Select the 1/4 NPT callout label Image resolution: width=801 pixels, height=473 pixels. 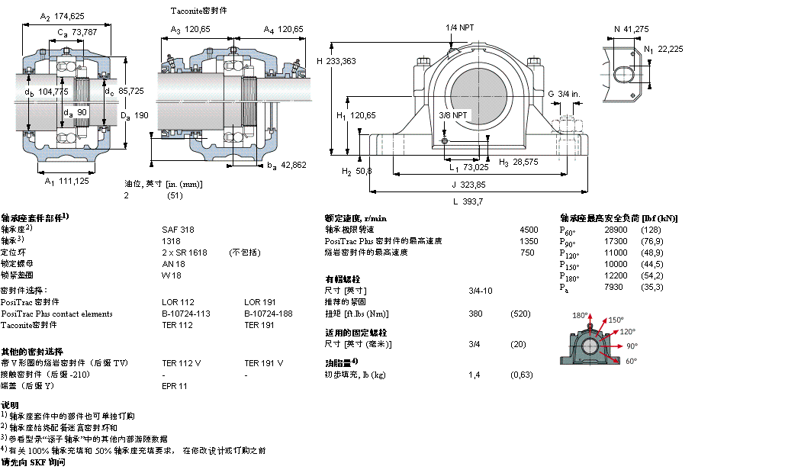[459, 27]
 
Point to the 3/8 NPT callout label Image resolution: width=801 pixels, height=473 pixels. [453, 115]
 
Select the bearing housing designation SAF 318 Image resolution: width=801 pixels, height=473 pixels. [178, 229]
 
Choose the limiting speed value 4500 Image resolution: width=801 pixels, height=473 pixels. [528, 229]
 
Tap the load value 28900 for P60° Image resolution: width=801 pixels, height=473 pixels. [616, 229]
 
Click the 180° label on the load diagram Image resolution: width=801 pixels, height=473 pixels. [581, 315]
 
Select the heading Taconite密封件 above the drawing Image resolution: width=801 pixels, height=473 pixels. [198, 11]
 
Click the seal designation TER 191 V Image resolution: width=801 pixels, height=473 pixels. [263, 363]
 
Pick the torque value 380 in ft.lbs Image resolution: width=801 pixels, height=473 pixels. [475, 314]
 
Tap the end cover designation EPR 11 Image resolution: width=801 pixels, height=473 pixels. [175, 386]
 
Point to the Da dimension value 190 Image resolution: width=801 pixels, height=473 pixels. [135, 116]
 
